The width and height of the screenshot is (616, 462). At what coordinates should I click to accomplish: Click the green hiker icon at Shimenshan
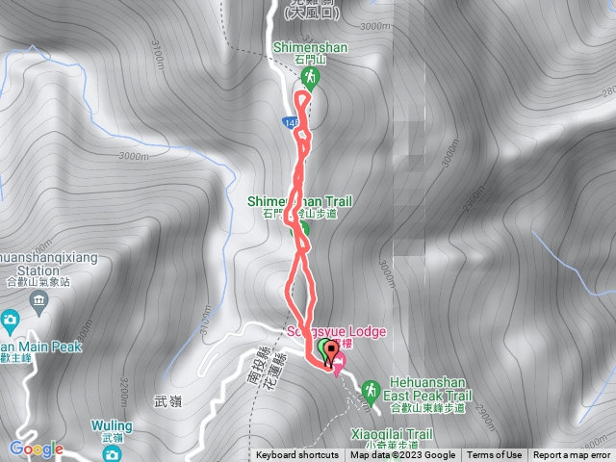(x=310, y=76)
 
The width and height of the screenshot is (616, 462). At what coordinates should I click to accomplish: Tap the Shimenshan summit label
(x=310, y=47)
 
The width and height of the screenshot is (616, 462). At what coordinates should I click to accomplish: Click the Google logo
(x=36, y=449)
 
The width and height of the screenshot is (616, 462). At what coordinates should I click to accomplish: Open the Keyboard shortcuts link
(x=297, y=455)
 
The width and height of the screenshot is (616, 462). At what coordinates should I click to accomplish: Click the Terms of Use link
(x=495, y=455)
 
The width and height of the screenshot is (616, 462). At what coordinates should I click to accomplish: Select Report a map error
(x=573, y=455)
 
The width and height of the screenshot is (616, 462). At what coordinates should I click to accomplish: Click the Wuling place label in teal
(x=113, y=424)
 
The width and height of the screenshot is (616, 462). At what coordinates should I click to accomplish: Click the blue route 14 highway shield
(x=290, y=123)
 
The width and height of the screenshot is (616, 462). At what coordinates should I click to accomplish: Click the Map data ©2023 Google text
(x=402, y=455)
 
